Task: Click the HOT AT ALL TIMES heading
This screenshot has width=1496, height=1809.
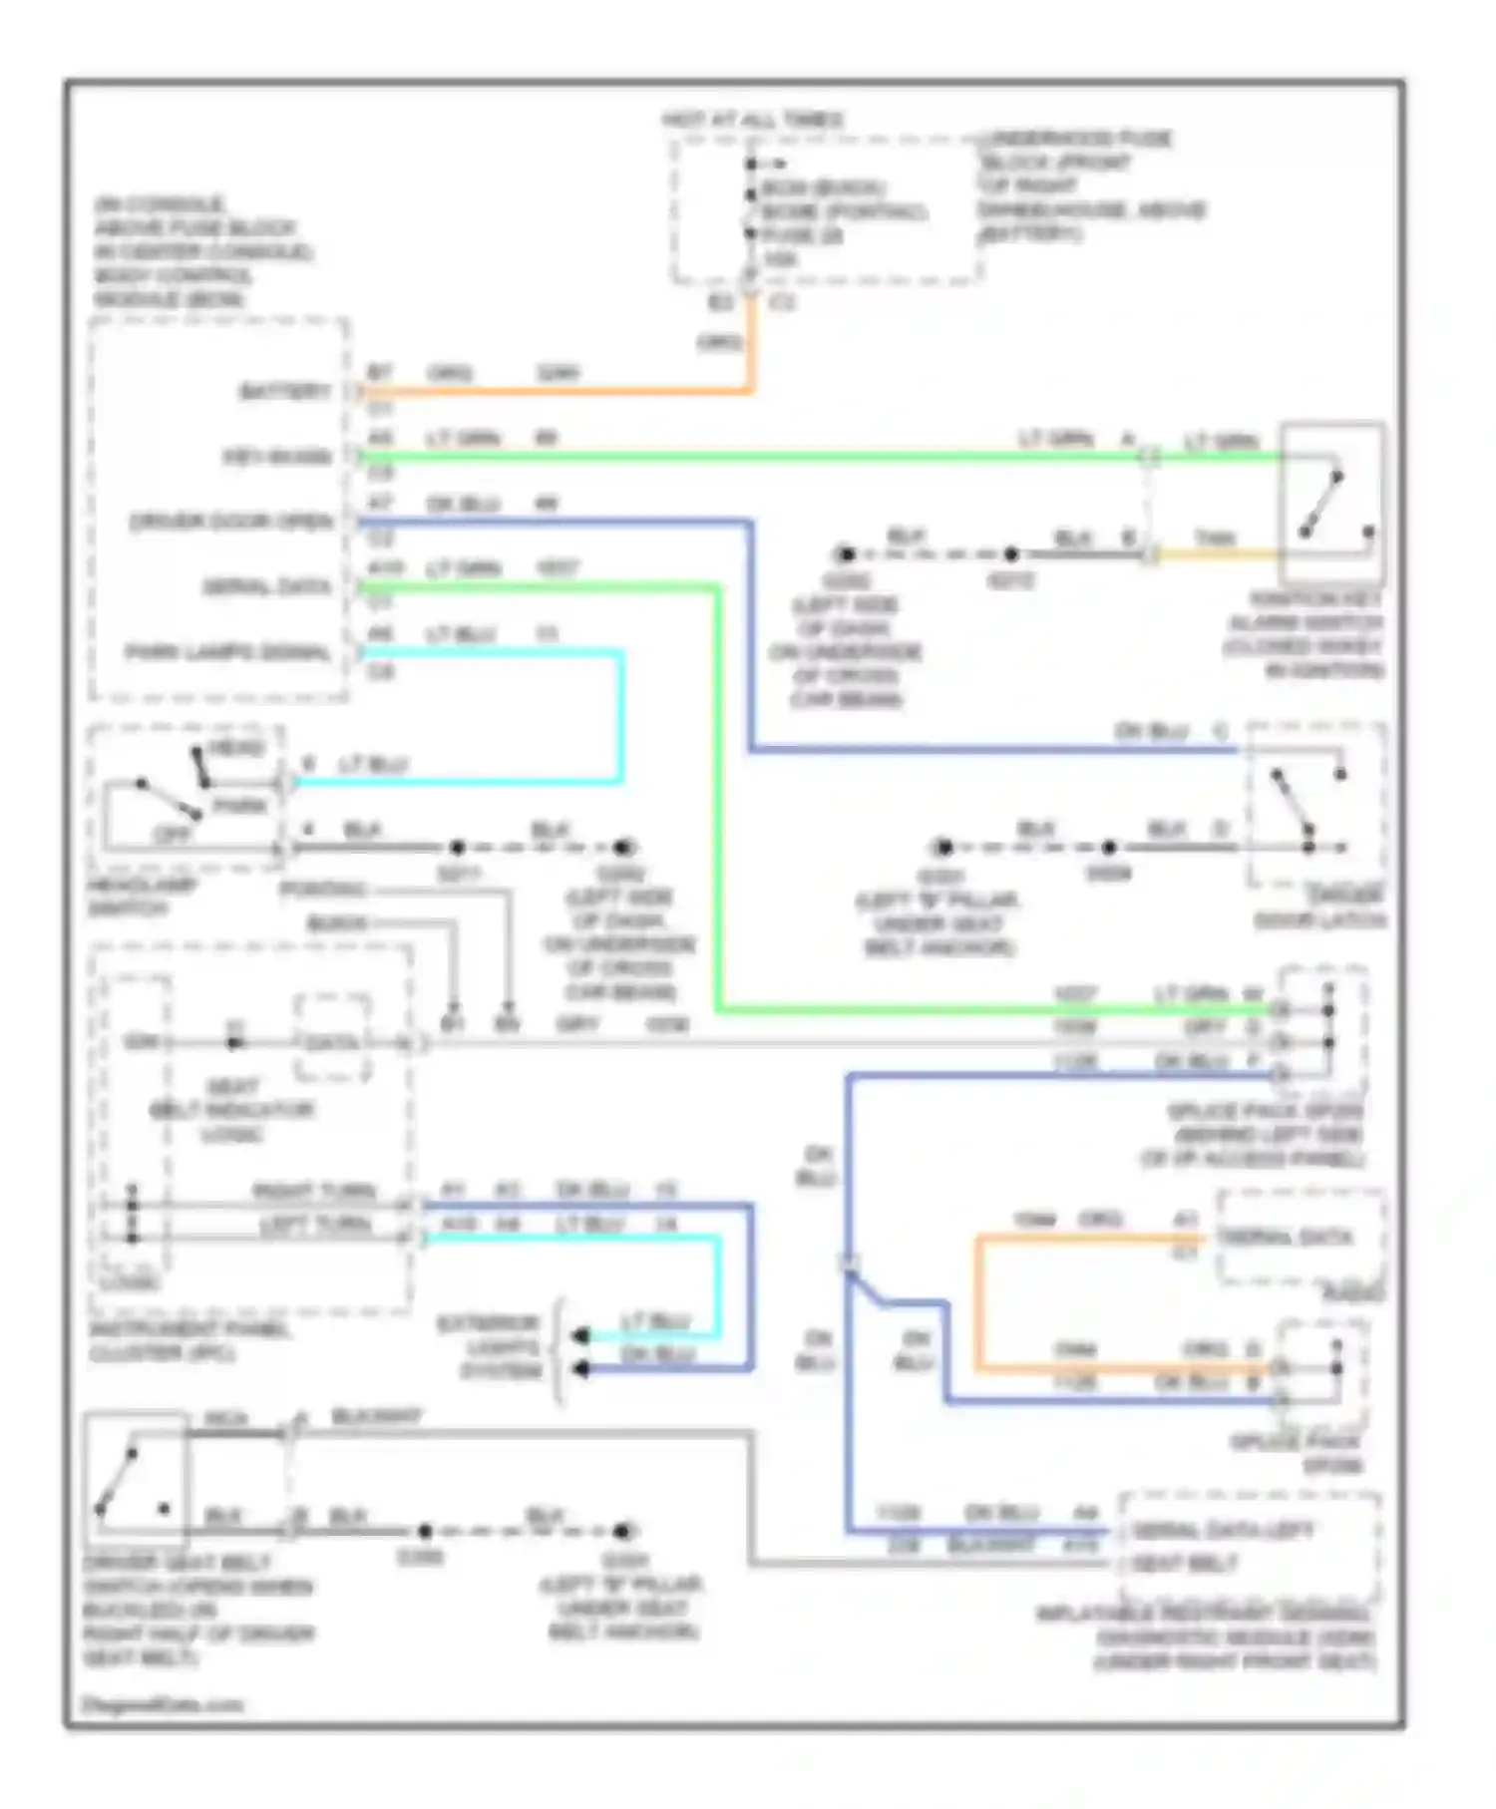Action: point(753,120)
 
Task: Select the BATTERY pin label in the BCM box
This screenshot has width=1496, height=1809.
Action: point(284,391)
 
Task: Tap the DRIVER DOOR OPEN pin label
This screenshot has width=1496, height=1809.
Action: point(231,522)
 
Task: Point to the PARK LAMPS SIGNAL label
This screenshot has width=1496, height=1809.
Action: point(227,652)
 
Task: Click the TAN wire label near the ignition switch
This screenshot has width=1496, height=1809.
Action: point(1215,539)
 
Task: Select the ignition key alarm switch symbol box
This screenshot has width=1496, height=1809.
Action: point(1332,503)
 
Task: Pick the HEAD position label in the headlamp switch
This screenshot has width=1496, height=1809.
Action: point(237,748)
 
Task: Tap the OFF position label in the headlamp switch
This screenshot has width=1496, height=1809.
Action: point(172,834)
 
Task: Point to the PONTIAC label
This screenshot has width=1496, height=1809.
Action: point(323,889)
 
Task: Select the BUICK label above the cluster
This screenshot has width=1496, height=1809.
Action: point(337,923)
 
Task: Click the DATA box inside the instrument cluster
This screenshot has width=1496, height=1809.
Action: point(332,1042)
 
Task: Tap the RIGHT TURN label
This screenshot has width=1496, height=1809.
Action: point(313,1191)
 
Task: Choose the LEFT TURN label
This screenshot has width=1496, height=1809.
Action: point(315,1224)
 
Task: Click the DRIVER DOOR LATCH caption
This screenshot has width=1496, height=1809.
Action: point(1320,907)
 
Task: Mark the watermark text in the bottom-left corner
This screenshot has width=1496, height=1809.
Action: point(162,1704)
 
